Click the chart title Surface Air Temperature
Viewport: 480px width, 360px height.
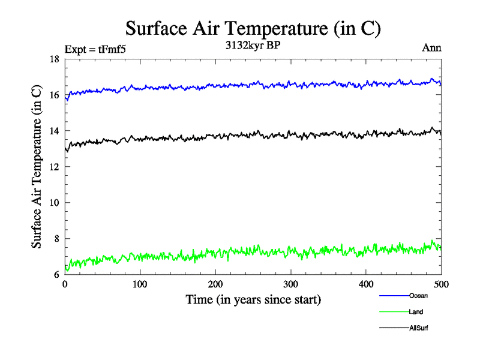[253, 28]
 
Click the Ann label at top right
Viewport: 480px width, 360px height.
[431, 48]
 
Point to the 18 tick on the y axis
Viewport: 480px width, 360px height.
[54, 59]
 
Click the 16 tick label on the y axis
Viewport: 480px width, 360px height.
[54, 95]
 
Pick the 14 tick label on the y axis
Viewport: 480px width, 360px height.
[54, 131]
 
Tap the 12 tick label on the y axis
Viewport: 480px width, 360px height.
[54, 167]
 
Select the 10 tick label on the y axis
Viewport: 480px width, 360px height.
[54, 203]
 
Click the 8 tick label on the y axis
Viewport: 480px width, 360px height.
[56, 239]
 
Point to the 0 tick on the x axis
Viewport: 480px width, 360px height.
[65, 284]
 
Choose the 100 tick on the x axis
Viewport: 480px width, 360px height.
[140, 284]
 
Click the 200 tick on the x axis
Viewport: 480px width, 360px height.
[215, 284]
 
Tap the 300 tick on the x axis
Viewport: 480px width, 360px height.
[290, 284]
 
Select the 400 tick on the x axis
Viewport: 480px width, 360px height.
[366, 284]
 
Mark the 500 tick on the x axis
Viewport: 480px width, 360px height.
[441, 284]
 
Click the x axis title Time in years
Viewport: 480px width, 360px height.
[253, 299]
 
